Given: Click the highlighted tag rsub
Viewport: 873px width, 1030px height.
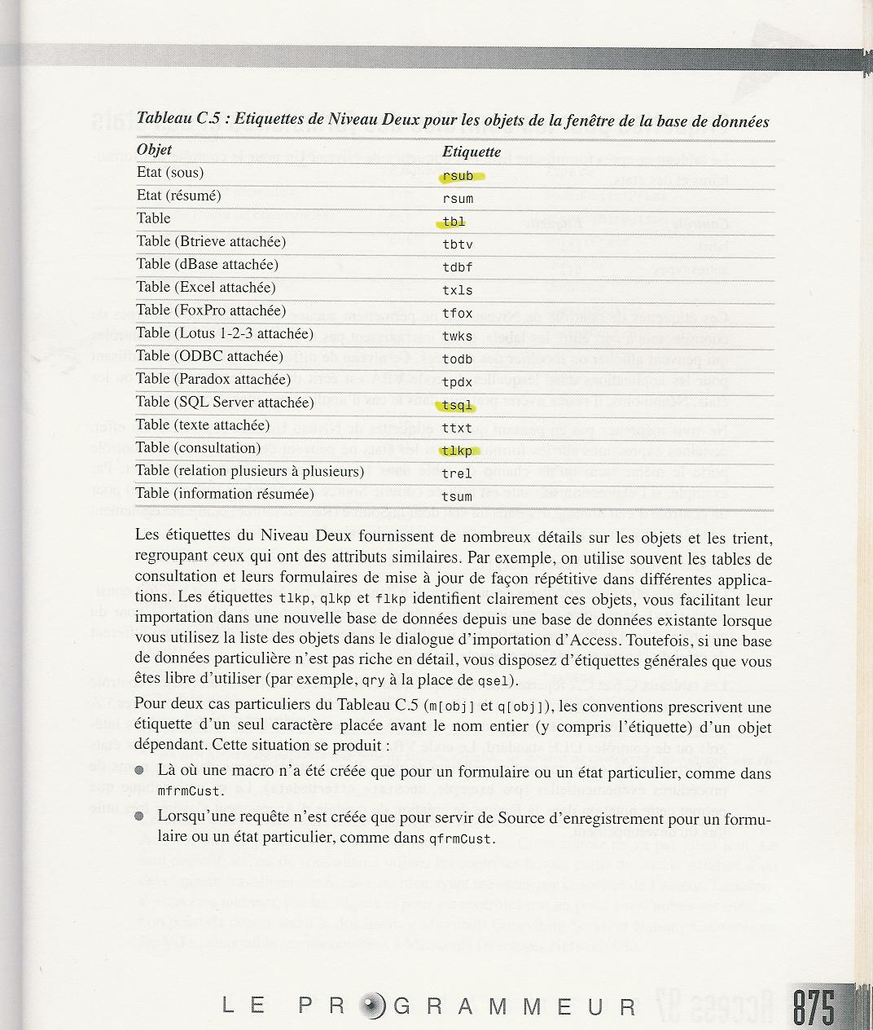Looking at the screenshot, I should [x=458, y=176].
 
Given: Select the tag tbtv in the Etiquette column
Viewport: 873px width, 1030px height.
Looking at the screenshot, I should [x=458, y=244].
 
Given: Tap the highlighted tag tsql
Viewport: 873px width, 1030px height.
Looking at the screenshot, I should [x=458, y=405].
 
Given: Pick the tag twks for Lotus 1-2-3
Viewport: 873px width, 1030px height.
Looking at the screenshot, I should [x=458, y=336].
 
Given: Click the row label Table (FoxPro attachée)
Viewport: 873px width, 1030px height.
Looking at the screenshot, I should [x=211, y=310].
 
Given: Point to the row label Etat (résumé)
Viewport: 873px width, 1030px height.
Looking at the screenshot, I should [x=178, y=196].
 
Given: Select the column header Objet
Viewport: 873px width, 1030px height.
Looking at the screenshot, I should [x=154, y=150].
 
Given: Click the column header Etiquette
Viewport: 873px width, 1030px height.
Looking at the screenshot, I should [x=472, y=152].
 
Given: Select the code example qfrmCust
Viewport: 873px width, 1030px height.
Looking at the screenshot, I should [x=461, y=839].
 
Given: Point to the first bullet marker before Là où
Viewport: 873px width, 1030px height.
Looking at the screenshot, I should [x=140, y=770].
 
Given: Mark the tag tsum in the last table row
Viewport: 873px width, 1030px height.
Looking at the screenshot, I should [x=458, y=496].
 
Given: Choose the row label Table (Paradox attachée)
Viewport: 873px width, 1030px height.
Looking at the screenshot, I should [x=213, y=379].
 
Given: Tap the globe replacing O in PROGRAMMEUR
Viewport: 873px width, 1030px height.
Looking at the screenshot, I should [x=371, y=1006].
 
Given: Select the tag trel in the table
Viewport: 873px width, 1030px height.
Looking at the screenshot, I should [x=458, y=473].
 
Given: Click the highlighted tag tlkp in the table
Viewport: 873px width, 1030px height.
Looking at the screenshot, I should [x=458, y=451].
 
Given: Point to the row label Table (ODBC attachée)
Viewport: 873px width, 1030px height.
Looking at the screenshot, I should [x=209, y=356].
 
